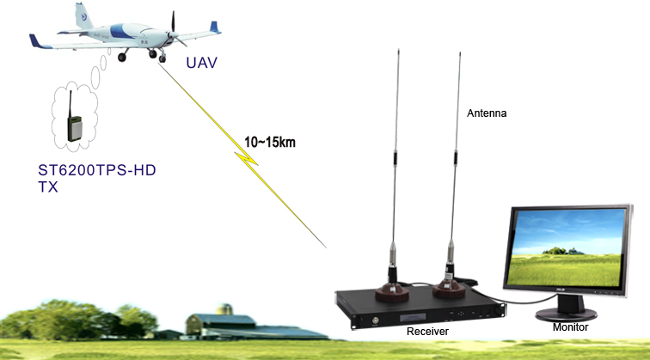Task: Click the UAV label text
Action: [x=201, y=63]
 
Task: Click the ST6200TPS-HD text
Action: [x=97, y=170]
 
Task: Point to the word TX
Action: [x=47, y=186]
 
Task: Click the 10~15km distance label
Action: [x=270, y=142]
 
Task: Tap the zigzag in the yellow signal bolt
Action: [x=247, y=158]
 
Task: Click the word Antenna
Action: [x=487, y=113]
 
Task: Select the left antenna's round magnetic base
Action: [x=392, y=293]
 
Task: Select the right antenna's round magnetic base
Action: [x=449, y=290]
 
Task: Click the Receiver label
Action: [x=427, y=332]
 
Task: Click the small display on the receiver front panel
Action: [x=413, y=317]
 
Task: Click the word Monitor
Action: [x=570, y=327]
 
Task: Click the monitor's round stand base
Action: [x=566, y=314]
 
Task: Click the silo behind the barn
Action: [x=224, y=309]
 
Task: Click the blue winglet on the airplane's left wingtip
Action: [x=214, y=27]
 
